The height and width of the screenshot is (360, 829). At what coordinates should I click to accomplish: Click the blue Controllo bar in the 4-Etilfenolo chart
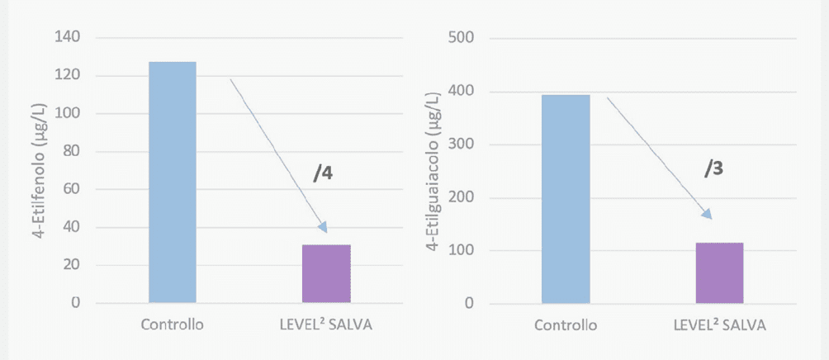coord(172,182)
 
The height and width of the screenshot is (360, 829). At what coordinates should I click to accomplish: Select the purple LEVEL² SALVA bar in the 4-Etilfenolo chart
coord(326,273)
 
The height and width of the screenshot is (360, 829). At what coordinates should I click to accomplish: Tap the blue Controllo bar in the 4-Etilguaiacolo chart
coord(566,199)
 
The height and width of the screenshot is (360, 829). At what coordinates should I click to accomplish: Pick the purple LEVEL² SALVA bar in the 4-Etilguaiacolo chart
coord(719,272)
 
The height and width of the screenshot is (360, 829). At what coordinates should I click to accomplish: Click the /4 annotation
coord(323,173)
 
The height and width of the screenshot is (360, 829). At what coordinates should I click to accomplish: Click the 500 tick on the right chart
coord(462,38)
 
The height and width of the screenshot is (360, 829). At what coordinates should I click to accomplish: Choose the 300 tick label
coord(462,144)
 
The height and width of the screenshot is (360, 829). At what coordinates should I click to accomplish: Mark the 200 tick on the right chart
coord(462,197)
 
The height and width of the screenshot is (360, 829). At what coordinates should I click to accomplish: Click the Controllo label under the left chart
coord(172,324)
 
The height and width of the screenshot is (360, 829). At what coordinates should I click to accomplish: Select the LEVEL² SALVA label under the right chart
coord(719,324)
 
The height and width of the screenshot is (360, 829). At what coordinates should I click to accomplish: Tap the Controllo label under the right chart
coord(566,324)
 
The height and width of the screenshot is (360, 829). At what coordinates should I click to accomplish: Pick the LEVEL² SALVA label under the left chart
coord(326,324)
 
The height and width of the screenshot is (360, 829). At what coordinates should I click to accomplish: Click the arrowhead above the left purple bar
coord(323,228)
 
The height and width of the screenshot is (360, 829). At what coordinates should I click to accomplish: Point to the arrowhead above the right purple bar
coord(707,214)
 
